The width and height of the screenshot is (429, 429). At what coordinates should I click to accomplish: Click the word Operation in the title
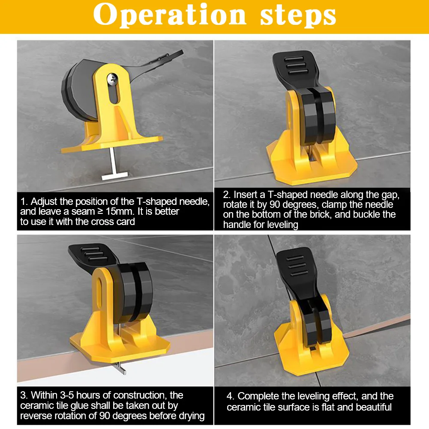click(x=170, y=15)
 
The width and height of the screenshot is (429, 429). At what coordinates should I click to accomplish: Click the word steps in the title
click(x=298, y=16)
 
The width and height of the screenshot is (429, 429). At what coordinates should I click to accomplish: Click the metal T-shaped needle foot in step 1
click(x=114, y=176)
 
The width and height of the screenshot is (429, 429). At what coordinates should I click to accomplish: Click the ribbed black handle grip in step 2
click(x=296, y=66)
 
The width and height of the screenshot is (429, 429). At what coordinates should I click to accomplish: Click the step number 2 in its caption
click(x=226, y=195)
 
